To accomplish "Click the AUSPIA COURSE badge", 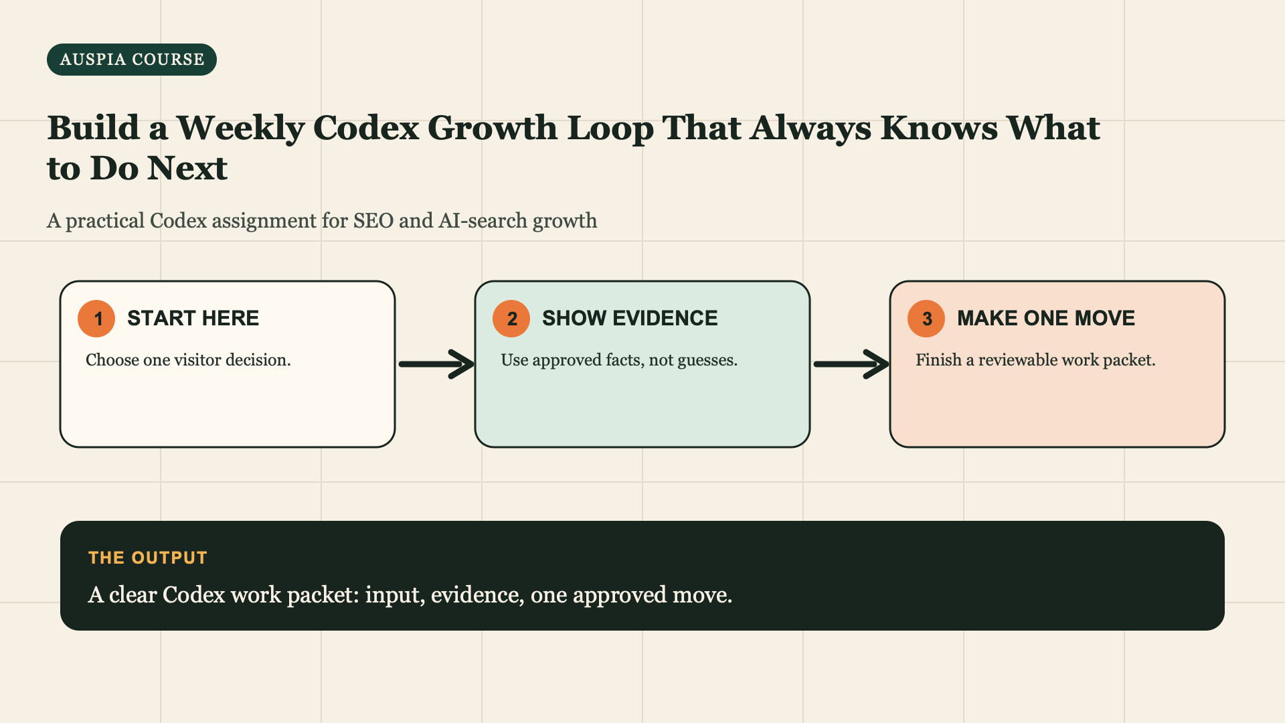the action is [x=132, y=60].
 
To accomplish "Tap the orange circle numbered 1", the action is [x=96, y=319].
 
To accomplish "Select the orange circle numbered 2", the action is [x=511, y=319].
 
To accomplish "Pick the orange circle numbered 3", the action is [x=926, y=319].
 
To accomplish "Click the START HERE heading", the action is [x=193, y=318].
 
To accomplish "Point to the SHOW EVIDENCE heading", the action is [x=630, y=318].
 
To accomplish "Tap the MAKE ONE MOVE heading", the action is [x=1046, y=318].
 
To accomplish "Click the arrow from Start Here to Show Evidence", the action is [x=436, y=364].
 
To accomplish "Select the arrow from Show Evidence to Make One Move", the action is [x=851, y=364].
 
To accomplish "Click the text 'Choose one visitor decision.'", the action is [x=188, y=360].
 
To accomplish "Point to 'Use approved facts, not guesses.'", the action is [x=619, y=360].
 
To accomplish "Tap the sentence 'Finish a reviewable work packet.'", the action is [x=1035, y=360].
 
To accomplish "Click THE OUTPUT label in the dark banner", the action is [x=148, y=558].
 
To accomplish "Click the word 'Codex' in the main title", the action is [x=366, y=128].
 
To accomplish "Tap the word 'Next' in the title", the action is [x=187, y=168].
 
